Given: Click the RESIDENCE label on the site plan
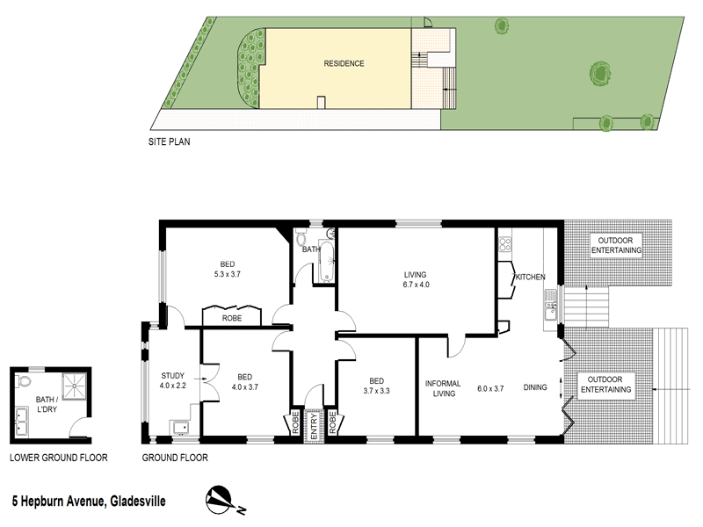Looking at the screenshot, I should point(344,63).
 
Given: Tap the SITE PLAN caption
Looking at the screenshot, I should point(169,140).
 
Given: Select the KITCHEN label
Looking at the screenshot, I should point(530,278).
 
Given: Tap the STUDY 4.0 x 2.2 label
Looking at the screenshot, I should point(173,379).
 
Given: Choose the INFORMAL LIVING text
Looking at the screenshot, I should point(443,388).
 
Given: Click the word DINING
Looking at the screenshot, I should point(535,387).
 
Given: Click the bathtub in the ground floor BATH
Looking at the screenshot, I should point(328,263).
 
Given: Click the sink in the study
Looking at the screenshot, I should point(181,427).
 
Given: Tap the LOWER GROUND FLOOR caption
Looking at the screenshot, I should point(58,458).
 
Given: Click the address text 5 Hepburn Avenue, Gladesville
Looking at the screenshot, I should point(88,501).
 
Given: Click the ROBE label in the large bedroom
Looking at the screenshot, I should point(232,318).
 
